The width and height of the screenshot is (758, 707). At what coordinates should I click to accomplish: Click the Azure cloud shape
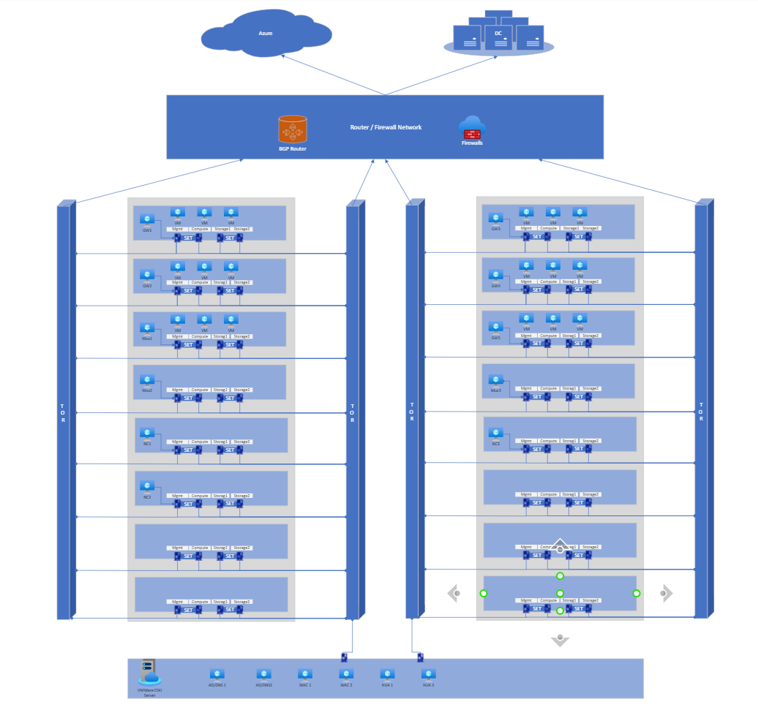266,34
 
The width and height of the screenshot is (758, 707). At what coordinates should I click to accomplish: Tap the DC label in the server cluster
498,33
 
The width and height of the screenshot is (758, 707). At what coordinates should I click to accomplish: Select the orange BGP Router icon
293,129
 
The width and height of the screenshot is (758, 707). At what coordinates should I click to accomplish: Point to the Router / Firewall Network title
386,127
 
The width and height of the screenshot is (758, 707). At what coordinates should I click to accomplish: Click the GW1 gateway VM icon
147,219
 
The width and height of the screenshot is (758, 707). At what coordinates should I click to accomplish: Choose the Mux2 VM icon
147,380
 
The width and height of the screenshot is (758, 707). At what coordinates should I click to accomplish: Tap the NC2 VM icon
147,486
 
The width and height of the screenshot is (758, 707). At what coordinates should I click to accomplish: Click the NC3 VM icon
496,433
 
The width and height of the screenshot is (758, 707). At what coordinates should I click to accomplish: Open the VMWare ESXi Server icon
149,673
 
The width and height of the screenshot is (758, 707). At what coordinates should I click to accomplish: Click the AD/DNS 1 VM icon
217,674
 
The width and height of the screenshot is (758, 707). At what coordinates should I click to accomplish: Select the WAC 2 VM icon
346,674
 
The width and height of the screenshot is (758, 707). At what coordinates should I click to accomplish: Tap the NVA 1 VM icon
387,674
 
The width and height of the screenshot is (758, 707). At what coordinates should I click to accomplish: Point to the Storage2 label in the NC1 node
241,442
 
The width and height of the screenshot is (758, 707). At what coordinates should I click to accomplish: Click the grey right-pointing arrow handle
665,593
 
